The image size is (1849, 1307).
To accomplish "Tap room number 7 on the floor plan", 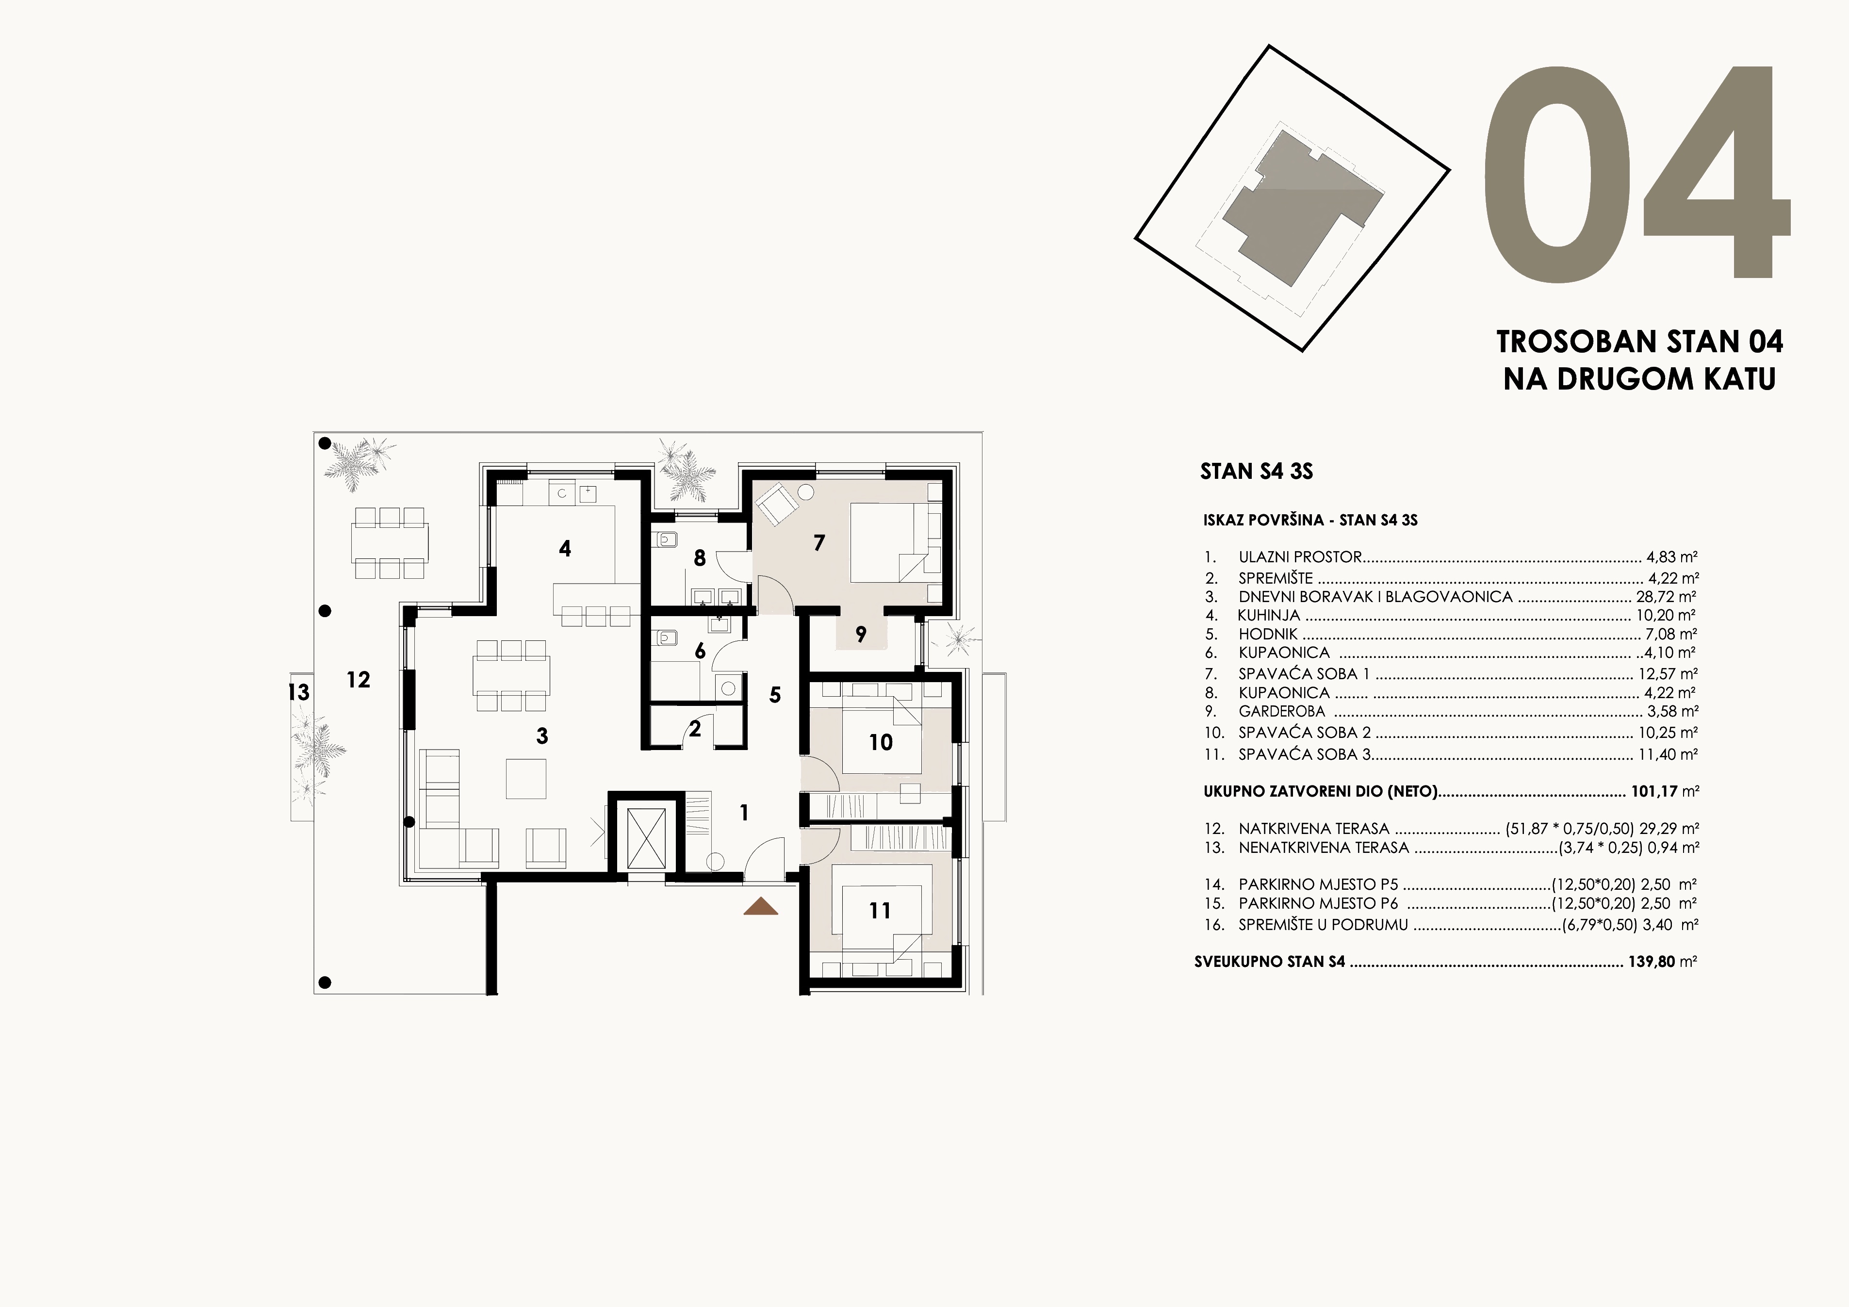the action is coord(819,543).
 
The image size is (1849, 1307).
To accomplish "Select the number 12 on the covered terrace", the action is coord(359,680).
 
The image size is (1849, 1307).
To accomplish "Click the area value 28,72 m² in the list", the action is coord(1666,597).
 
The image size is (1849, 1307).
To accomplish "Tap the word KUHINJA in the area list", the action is coord(1268,615).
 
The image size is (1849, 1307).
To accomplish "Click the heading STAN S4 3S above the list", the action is coord(1256,471).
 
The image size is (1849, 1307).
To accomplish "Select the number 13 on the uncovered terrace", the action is coord(299,692).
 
